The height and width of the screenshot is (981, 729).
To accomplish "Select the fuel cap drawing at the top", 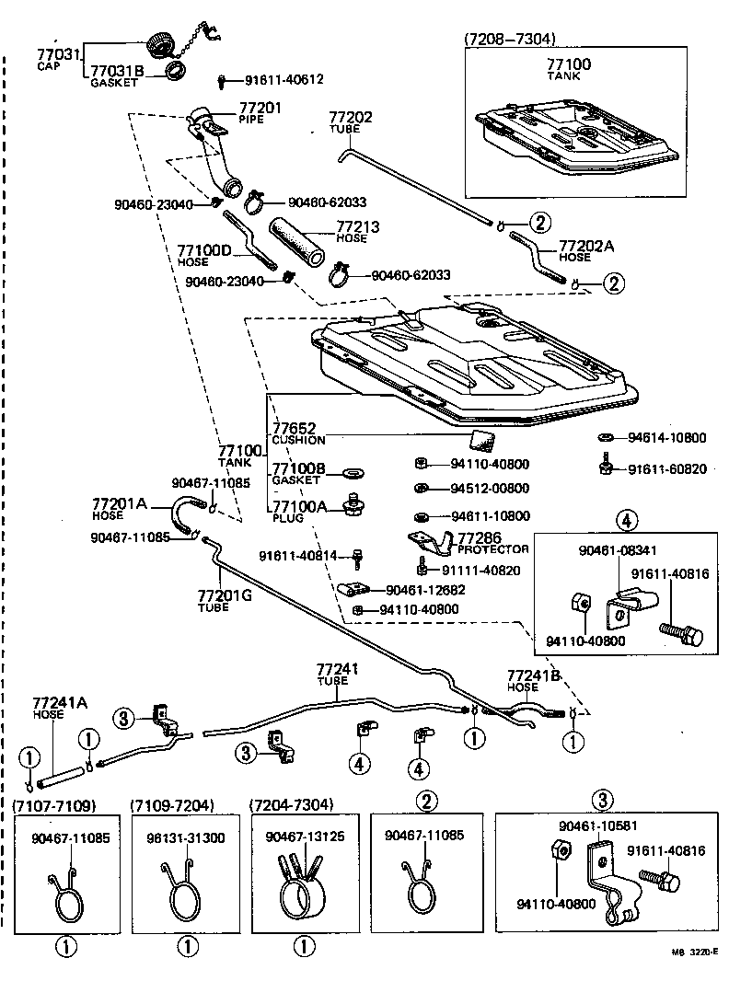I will coord(162,44).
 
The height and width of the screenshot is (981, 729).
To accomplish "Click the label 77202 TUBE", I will coord(351,121).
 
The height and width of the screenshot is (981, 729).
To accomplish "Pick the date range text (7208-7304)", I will coord(509,39).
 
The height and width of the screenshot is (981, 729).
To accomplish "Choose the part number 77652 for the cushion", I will coord(294,428).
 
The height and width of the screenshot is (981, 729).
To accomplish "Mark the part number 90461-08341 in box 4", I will coord(617,550).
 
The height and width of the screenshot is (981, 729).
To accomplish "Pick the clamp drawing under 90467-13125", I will coord(302,887).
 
